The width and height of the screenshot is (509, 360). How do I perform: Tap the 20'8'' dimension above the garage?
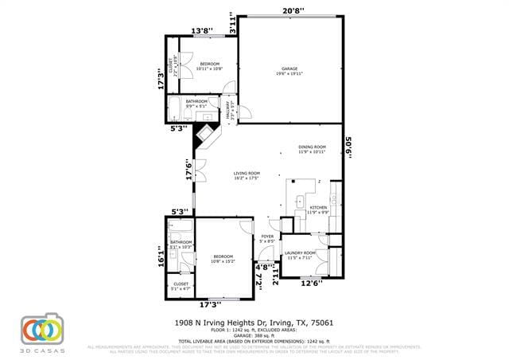coord(293,10)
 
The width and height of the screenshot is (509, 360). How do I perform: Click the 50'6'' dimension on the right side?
coord(348,149)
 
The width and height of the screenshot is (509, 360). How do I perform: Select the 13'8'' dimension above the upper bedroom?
coord(200,31)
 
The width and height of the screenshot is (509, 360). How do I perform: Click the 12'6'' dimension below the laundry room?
coord(311,283)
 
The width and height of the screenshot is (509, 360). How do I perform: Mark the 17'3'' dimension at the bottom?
coord(209,303)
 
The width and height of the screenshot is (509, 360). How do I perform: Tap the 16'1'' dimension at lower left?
coord(161,257)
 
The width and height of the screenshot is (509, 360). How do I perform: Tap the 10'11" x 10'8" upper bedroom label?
coord(210,66)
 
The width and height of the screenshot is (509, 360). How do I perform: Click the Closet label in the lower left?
coord(181,286)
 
